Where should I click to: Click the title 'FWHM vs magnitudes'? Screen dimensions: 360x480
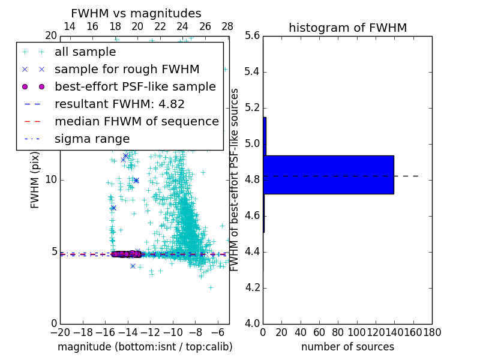pyautogui.click(x=136, y=13)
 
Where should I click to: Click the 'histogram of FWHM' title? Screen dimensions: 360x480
pyautogui.click(x=347, y=28)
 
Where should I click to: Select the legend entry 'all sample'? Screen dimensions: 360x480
pyautogui.click(x=85, y=52)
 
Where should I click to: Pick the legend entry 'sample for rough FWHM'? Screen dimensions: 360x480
pyautogui.click(x=127, y=69)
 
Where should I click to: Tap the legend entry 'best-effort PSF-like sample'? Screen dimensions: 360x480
pyautogui.click(x=135, y=86)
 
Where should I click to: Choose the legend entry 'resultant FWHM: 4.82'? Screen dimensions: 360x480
pyautogui.click(x=119, y=104)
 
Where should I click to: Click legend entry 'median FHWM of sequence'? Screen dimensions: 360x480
pyautogui.click(x=136, y=121)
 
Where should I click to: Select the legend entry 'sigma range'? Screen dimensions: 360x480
pyautogui.click(x=92, y=139)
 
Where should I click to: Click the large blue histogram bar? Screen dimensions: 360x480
pyautogui.click(x=329, y=175)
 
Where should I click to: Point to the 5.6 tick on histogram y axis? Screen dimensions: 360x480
pyautogui.click(x=253, y=36)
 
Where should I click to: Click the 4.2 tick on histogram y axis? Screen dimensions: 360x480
pyautogui.click(x=253, y=288)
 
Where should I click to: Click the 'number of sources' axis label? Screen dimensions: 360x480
pyautogui.click(x=347, y=347)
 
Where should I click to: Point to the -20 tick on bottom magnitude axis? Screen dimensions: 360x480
pyautogui.click(x=60, y=331)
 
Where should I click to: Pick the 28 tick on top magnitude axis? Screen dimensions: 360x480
pyautogui.click(x=227, y=26)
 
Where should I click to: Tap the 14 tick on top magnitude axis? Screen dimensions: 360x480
pyautogui.click(x=70, y=26)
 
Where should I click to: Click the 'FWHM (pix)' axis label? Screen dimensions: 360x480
pyautogui.click(x=35, y=179)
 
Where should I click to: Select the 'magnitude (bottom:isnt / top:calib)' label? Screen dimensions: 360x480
pyautogui.click(x=145, y=347)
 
